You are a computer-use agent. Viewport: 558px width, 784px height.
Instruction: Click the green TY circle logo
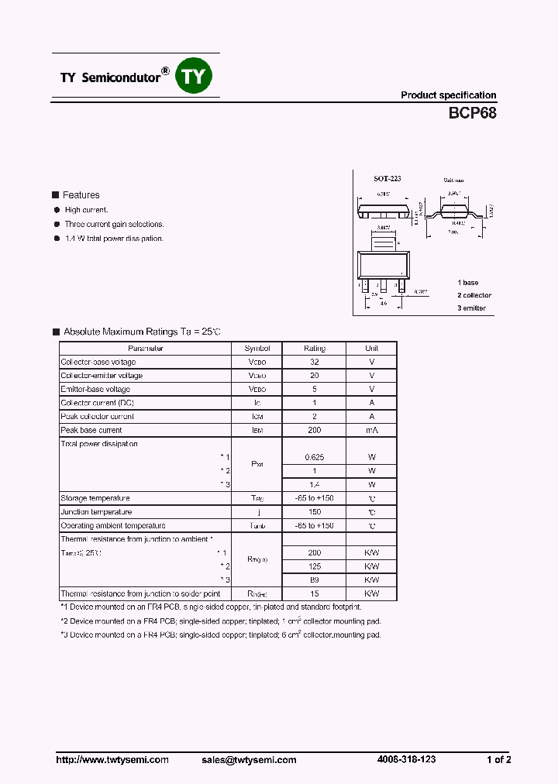(x=195, y=76)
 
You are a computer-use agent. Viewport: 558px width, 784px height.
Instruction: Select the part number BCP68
(x=472, y=112)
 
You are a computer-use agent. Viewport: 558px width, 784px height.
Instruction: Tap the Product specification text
(x=448, y=95)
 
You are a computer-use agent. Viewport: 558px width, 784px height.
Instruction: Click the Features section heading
(x=81, y=195)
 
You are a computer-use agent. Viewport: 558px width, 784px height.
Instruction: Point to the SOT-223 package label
(x=377, y=179)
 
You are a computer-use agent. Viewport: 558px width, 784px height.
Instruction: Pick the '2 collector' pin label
(x=474, y=295)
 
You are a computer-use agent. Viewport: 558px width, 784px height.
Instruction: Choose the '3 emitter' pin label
(x=471, y=308)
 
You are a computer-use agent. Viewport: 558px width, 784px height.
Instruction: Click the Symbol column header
(x=257, y=349)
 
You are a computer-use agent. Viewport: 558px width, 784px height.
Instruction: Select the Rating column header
(x=314, y=349)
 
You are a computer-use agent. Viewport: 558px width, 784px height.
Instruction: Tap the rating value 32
(x=314, y=362)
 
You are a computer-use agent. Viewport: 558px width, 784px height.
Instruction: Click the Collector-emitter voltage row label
(x=102, y=376)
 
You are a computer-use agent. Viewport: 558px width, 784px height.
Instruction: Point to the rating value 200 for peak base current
(x=314, y=430)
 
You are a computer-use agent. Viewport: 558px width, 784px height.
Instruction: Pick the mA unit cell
(x=371, y=430)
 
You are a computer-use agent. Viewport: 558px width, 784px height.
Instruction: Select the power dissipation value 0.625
(x=314, y=457)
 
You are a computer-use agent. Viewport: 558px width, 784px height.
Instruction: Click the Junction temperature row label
(x=96, y=512)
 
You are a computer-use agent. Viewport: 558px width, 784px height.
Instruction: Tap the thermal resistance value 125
(x=314, y=566)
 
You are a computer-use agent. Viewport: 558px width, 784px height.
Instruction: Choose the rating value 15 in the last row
(x=314, y=593)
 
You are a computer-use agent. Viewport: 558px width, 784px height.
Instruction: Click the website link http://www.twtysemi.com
(x=112, y=760)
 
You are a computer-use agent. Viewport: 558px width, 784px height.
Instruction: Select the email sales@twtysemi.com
(x=247, y=760)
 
